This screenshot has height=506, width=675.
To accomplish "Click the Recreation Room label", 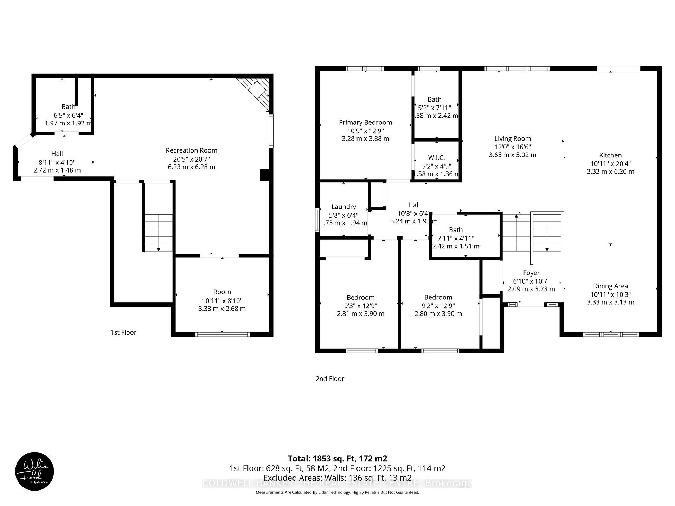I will (x=191, y=150).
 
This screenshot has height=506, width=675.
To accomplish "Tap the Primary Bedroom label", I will (x=365, y=122).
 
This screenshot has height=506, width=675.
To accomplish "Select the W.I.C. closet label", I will (x=436, y=158).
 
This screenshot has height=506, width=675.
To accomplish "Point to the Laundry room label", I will (x=343, y=207).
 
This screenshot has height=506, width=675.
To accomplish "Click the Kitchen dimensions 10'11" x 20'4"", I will (x=610, y=163).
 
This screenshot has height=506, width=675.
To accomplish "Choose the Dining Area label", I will (x=610, y=286).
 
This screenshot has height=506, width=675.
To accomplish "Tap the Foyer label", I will (x=531, y=273).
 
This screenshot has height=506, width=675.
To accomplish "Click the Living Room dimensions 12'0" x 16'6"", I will (x=512, y=147).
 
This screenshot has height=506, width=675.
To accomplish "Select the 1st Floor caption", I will (x=123, y=332).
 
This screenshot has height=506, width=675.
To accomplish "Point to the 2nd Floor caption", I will (x=330, y=378).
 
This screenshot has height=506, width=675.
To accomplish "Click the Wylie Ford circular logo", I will (x=34, y=471).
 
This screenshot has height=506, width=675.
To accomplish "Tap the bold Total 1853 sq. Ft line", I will (x=337, y=458).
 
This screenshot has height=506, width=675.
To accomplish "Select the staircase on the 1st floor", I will (x=159, y=232).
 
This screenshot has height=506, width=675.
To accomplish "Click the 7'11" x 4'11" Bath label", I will (x=456, y=230).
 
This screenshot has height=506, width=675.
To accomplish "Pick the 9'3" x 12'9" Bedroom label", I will (x=360, y=298).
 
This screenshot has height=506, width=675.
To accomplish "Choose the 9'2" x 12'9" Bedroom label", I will (x=438, y=298).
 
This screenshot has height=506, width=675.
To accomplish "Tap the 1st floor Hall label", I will (x=57, y=154).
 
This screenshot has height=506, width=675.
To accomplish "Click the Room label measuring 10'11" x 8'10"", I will (x=222, y=292).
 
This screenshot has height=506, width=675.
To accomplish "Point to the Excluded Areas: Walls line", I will (x=337, y=478).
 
